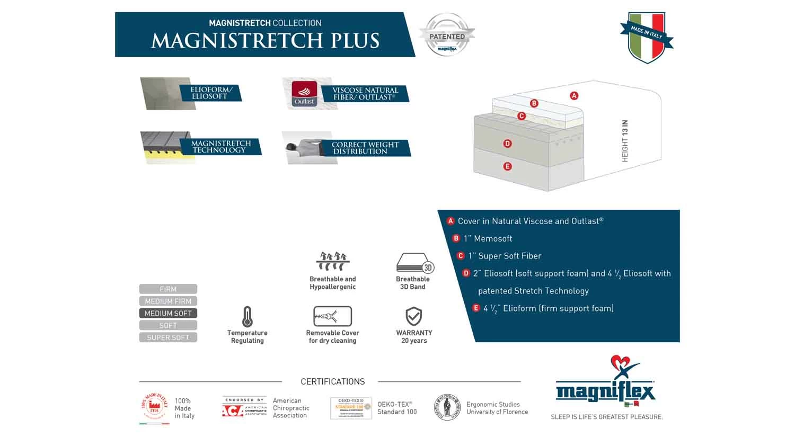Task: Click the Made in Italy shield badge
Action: (x=647, y=37)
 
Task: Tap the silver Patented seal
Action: (x=447, y=35)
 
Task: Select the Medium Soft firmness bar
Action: (x=168, y=313)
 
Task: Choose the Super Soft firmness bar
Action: (x=168, y=337)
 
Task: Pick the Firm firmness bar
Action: (x=168, y=289)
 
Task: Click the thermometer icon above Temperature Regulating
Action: (x=247, y=317)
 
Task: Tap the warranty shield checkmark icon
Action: (x=413, y=316)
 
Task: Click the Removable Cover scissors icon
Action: (x=332, y=316)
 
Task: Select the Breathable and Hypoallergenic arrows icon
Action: (x=332, y=262)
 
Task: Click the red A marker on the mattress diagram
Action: (x=574, y=96)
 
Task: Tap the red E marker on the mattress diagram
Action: (x=507, y=166)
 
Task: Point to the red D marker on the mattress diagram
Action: (x=507, y=144)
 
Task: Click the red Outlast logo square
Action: (x=304, y=94)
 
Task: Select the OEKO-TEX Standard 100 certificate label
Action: (x=350, y=408)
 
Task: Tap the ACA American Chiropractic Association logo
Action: (x=244, y=408)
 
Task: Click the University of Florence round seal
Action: (x=447, y=407)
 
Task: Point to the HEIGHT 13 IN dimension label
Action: (x=625, y=141)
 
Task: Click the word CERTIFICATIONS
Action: (x=332, y=381)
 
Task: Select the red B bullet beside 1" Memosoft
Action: (x=456, y=238)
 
